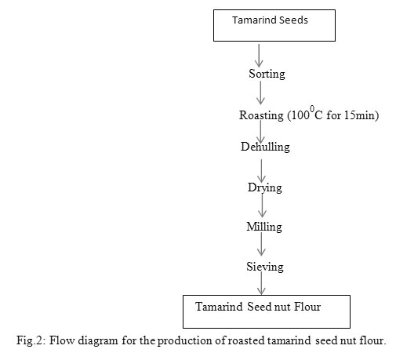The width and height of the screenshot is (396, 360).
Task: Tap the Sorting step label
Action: point(267,74)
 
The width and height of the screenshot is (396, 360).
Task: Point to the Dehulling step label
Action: point(265,147)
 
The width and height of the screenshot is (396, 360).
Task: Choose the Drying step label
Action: point(265,188)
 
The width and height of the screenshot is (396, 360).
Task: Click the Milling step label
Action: point(264,227)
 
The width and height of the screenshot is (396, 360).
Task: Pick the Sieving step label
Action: point(265,267)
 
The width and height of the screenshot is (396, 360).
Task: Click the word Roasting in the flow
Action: point(261,115)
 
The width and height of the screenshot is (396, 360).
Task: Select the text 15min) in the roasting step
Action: point(361,115)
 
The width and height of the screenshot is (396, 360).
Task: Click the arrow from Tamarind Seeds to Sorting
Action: point(259,56)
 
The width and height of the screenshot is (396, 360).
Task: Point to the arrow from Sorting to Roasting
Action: point(260,93)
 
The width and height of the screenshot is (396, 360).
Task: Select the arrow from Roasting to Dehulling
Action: point(260,132)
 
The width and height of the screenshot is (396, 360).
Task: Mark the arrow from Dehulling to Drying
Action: point(261,171)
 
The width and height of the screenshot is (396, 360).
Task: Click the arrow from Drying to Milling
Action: point(262,205)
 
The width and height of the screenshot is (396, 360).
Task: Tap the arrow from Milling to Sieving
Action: point(261,244)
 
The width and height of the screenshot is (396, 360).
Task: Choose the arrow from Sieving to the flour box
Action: point(261,283)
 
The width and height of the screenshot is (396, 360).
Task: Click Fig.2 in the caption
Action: point(31,341)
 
